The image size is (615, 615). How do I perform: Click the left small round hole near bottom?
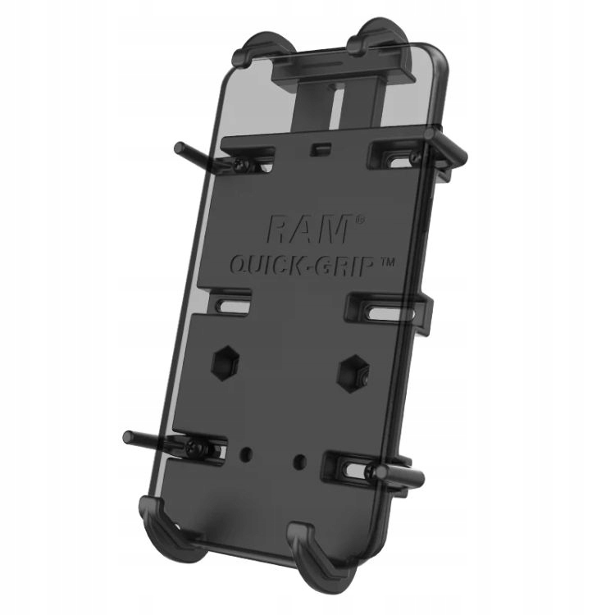click(x=246, y=452)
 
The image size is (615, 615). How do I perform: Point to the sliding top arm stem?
click(x=328, y=98)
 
